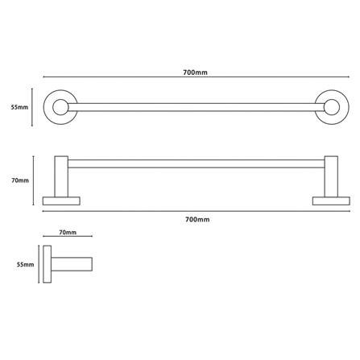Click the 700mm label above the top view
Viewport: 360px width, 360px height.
click(195, 72)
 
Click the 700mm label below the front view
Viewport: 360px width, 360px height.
click(197, 219)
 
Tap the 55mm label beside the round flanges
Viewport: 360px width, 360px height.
click(19, 107)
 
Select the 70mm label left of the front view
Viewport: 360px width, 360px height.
click(20, 180)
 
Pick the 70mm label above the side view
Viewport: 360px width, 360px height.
click(68, 232)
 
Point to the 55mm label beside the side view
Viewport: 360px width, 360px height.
click(25, 264)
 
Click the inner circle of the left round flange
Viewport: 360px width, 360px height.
click(60, 107)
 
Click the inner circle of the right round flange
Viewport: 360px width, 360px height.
click(332, 107)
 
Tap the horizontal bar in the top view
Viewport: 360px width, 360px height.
click(196, 107)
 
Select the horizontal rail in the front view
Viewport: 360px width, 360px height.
click(196, 163)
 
